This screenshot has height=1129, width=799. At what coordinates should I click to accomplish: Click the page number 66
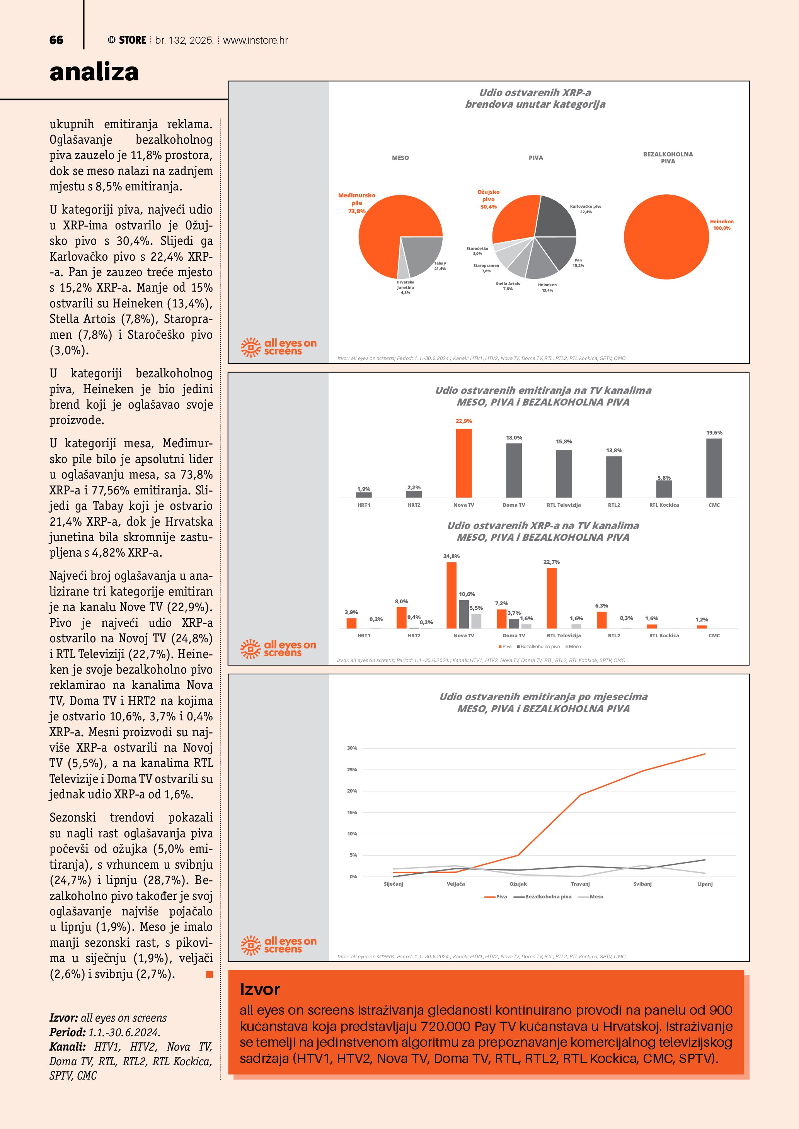[56, 40]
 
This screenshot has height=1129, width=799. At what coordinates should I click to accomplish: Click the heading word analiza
[94, 72]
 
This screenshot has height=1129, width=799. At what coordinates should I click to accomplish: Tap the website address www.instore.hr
[256, 40]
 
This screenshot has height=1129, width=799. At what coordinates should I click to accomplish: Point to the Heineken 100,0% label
[721, 225]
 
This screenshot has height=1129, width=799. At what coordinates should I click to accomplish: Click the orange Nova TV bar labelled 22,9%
[463, 463]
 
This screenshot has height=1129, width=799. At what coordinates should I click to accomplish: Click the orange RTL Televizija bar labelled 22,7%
[552, 598]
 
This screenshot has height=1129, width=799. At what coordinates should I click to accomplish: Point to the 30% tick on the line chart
[352, 748]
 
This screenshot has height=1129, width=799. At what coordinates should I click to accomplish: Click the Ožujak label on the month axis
[518, 884]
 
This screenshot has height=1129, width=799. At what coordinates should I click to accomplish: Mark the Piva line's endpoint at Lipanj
[705, 754]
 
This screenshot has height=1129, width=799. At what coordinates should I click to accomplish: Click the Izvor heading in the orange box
[260, 989]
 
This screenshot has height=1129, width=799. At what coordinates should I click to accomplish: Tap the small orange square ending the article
[210, 974]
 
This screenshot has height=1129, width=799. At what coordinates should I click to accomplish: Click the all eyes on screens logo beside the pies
[278, 347]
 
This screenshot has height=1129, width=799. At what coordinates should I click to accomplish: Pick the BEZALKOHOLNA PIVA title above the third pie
[668, 157]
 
